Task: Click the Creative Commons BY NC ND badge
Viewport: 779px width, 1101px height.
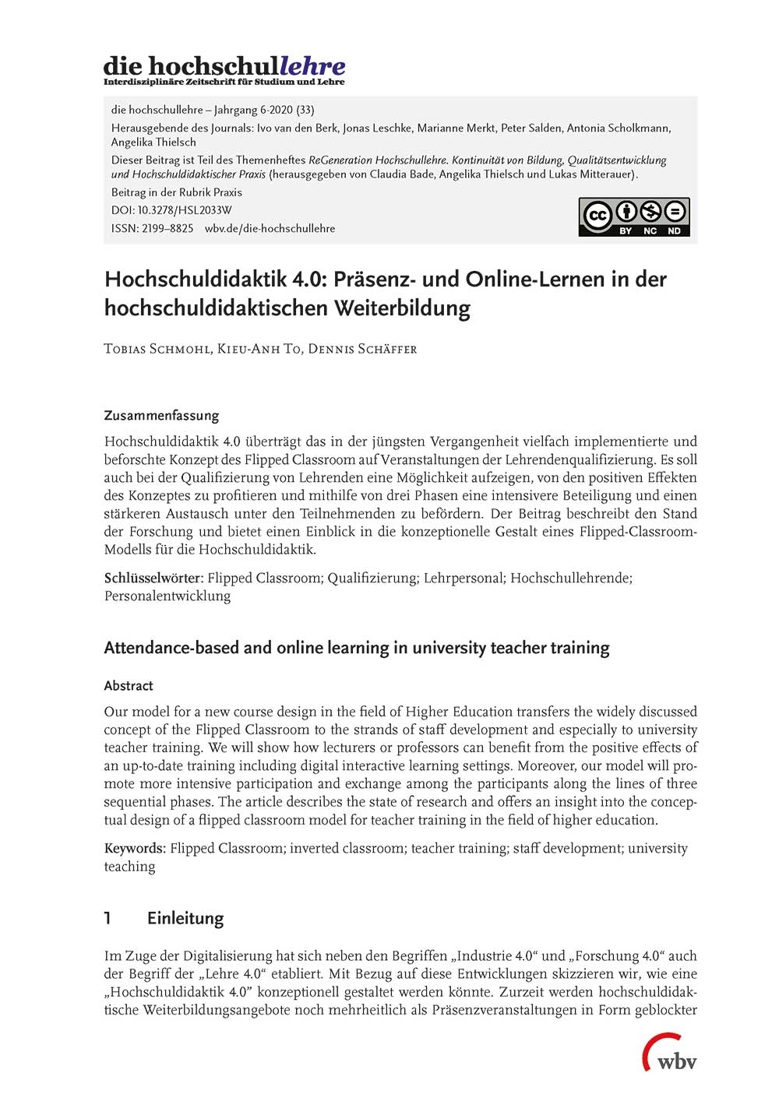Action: click(x=633, y=216)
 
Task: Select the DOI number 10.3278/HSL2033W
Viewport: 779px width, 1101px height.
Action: click(x=185, y=210)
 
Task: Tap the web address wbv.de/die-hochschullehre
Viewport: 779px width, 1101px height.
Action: click(x=270, y=228)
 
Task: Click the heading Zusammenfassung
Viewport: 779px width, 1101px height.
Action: click(x=161, y=415)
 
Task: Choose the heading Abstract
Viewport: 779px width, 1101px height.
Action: click(x=129, y=685)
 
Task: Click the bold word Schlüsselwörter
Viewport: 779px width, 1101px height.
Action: click(x=153, y=578)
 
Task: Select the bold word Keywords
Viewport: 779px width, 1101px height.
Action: click(x=134, y=848)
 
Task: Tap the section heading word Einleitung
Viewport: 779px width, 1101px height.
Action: click(x=185, y=918)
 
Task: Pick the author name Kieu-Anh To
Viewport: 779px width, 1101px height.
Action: click(x=259, y=348)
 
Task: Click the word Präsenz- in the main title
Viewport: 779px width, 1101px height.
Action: click(x=375, y=279)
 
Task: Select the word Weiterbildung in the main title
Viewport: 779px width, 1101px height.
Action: click(x=402, y=308)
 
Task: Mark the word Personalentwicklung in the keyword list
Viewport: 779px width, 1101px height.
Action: click(x=167, y=596)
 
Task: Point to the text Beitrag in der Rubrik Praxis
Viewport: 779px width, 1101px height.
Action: click(x=177, y=192)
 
